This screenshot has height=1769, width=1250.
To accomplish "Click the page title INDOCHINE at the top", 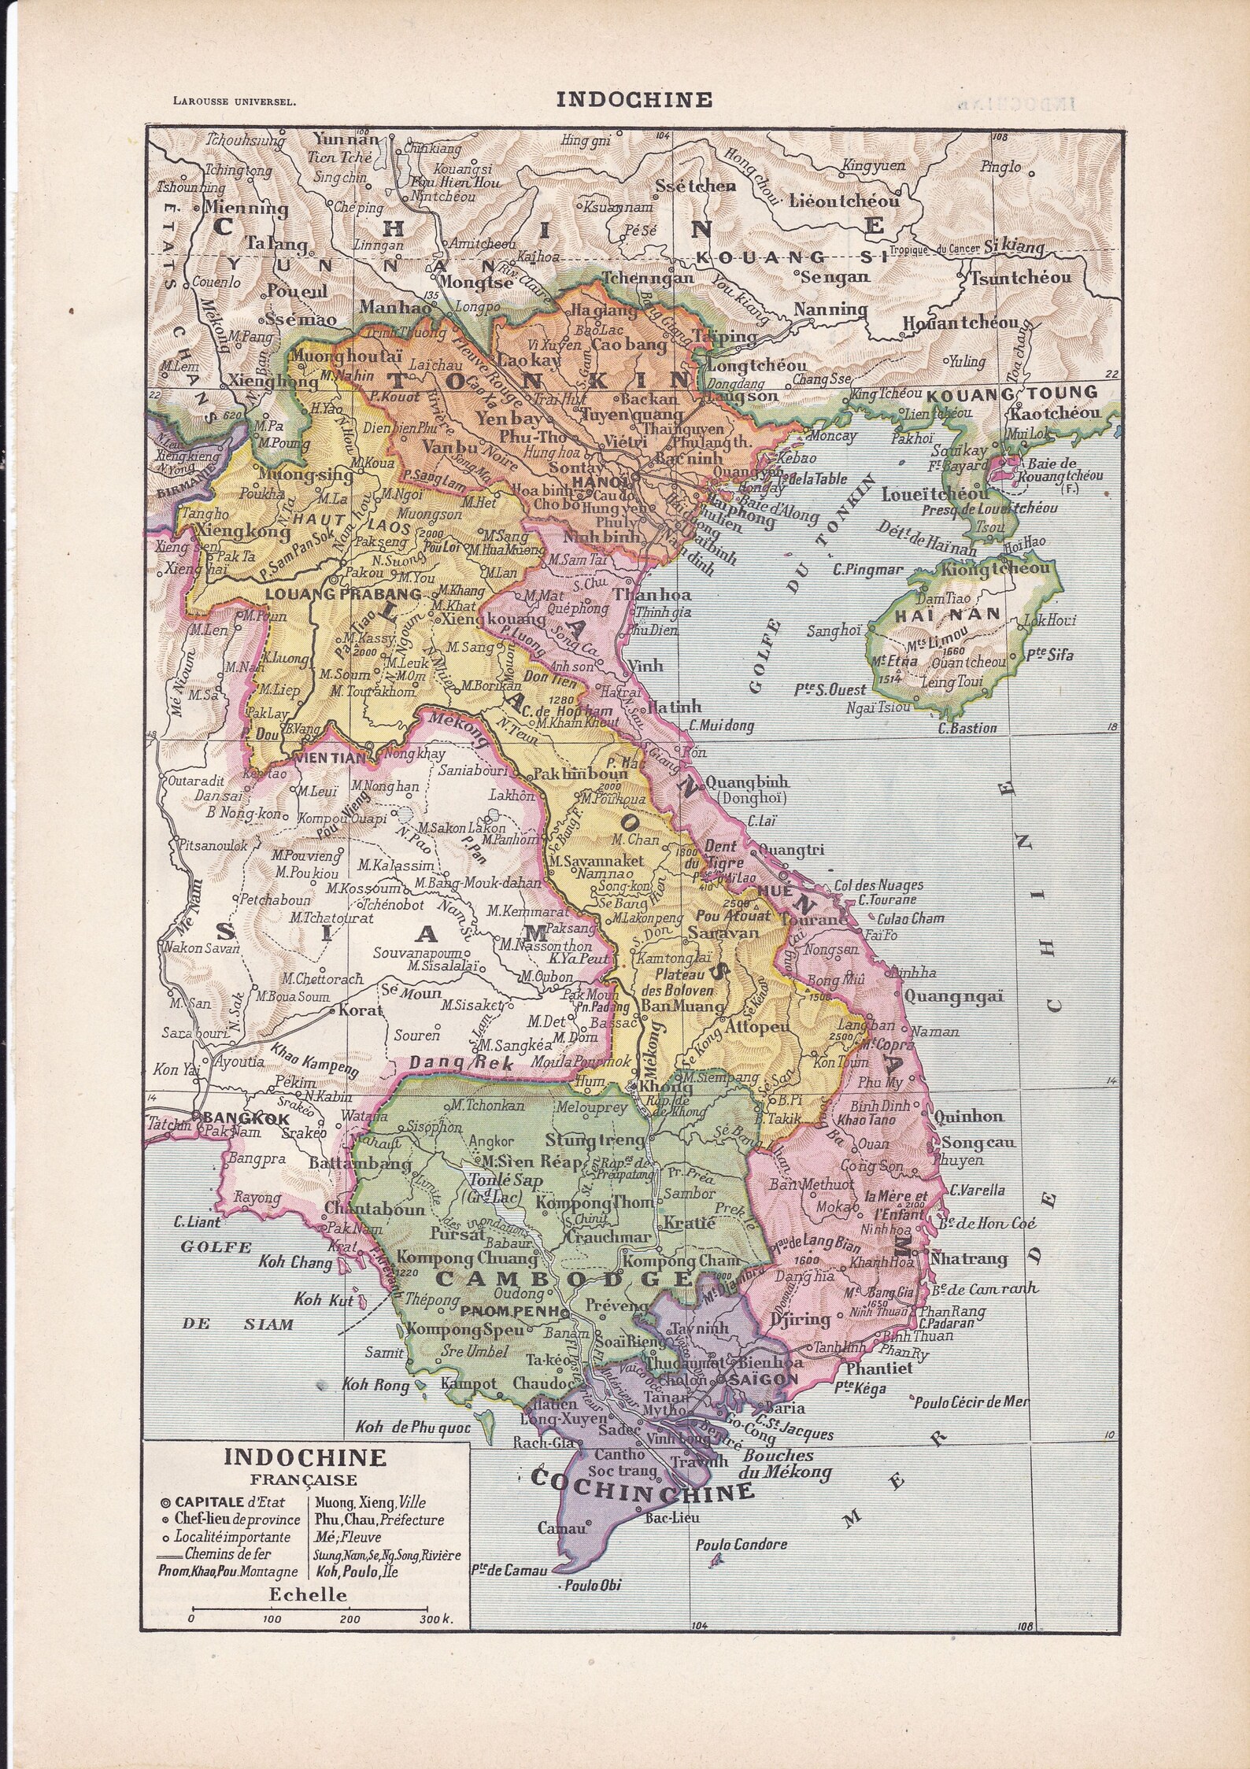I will coord(623,99).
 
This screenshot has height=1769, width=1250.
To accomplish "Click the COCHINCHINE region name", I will coord(643,1492).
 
